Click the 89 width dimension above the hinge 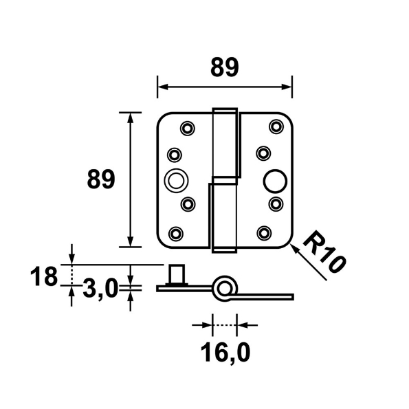click(x=225, y=67)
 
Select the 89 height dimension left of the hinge click(x=100, y=180)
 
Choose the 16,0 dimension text click(x=224, y=353)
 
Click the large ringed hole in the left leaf click(x=176, y=180)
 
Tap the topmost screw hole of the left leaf click(x=187, y=127)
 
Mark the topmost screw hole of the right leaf click(x=276, y=125)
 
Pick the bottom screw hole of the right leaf click(x=265, y=232)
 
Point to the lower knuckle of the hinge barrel click(x=221, y=217)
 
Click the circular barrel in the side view click(x=225, y=287)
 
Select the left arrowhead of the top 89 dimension click(x=163, y=87)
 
